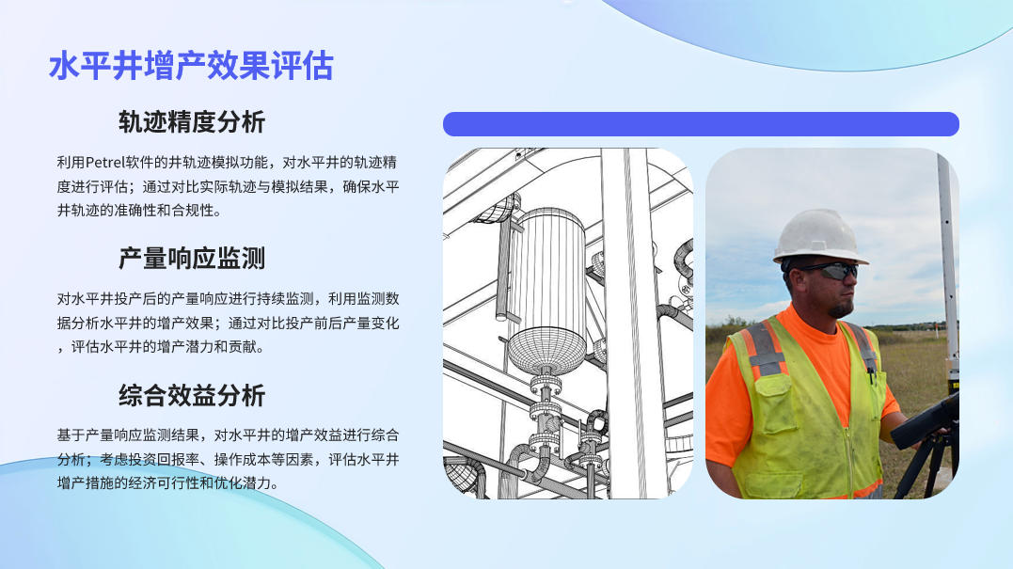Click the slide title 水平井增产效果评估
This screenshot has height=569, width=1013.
(191, 66)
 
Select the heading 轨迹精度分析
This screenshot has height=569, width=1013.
(192, 122)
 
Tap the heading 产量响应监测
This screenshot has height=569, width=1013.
(192, 259)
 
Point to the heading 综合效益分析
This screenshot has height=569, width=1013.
(192, 395)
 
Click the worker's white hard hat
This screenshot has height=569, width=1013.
(819, 236)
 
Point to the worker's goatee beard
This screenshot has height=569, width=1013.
(841, 309)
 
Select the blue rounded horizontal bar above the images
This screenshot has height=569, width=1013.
(701, 124)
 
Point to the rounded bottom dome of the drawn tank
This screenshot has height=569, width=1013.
(547, 352)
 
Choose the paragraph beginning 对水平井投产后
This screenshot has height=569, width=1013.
(228, 323)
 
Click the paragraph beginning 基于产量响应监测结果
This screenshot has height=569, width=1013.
(228, 459)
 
